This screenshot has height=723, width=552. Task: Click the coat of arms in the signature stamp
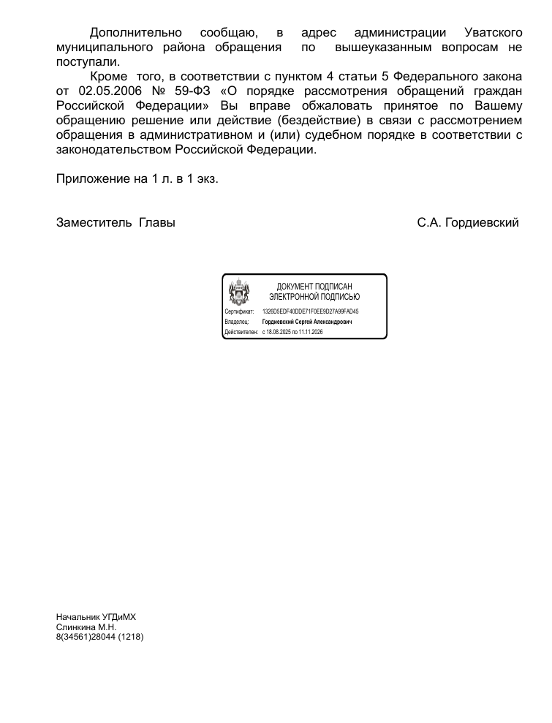pyautogui.click(x=239, y=292)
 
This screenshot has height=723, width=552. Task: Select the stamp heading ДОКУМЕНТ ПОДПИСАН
pyautogui.click(x=314, y=287)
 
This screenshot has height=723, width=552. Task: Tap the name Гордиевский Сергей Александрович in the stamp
pyautogui.click(x=307, y=322)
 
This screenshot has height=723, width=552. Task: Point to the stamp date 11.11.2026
pyautogui.click(x=311, y=332)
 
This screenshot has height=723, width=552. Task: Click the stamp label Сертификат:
pyautogui.click(x=239, y=311)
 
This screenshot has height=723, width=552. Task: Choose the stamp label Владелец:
pyautogui.click(x=237, y=322)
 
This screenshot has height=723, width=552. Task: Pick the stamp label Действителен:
pyautogui.click(x=242, y=332)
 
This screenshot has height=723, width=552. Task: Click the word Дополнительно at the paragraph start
pyautogui.click(x=135, y=33)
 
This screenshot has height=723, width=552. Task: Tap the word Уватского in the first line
pyautogui.click(x=493, y=33)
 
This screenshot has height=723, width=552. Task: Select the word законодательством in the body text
pyautogui.click(x=113, y=149)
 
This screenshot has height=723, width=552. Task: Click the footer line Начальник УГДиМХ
pyautogui.click(x=96, y=617)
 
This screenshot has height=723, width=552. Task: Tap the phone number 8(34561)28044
pyautogui.click(x=86, y=637)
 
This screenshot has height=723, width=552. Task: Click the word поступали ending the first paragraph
pyautogui.click(x=85, y=62)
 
